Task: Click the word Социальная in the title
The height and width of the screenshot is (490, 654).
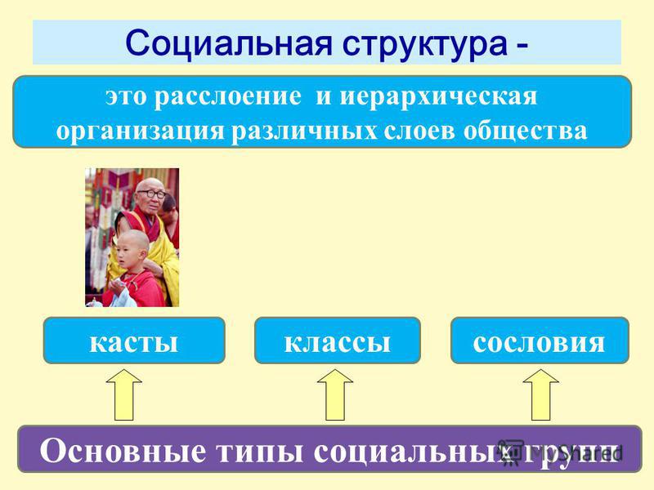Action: pyautogui.click(x=229, y=43)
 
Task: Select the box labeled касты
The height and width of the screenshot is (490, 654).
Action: pyautogui.click(x=134, y=341)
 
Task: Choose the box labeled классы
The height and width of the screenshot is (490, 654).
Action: pyautogui.click(x=338, y=341)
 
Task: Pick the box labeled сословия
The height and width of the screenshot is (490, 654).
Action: pyautogui.click(x=540, y=341)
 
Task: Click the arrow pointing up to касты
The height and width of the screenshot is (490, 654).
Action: pyautogui.click(x=124, y=394)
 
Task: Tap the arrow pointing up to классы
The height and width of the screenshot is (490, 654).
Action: pyautogui.click(x=335, y=394)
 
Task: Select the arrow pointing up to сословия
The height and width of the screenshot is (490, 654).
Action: pyautogui.click(x=541, y=394)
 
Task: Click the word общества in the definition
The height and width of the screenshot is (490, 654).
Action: pyautogui.click(x=525, y=131)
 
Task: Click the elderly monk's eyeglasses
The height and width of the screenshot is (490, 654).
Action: pyautogui.click(x=151, y=194)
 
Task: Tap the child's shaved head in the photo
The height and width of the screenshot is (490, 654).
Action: pyautogui.click(x=132, y=242)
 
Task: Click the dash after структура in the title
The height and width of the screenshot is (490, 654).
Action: pyautogui.click(x=522, y=47)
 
